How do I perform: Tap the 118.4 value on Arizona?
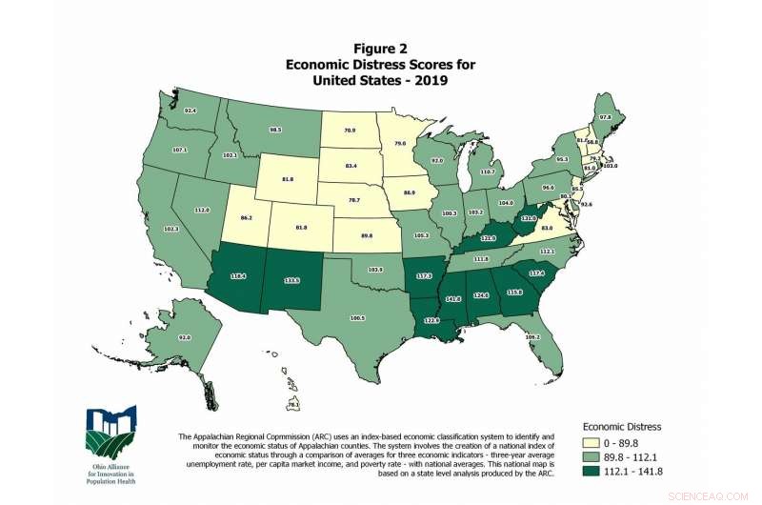tap(237, 277)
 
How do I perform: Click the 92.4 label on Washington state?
tap(190, 111)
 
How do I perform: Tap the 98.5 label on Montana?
tap(276, 130)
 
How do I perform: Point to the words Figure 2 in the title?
tap(381, 48)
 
